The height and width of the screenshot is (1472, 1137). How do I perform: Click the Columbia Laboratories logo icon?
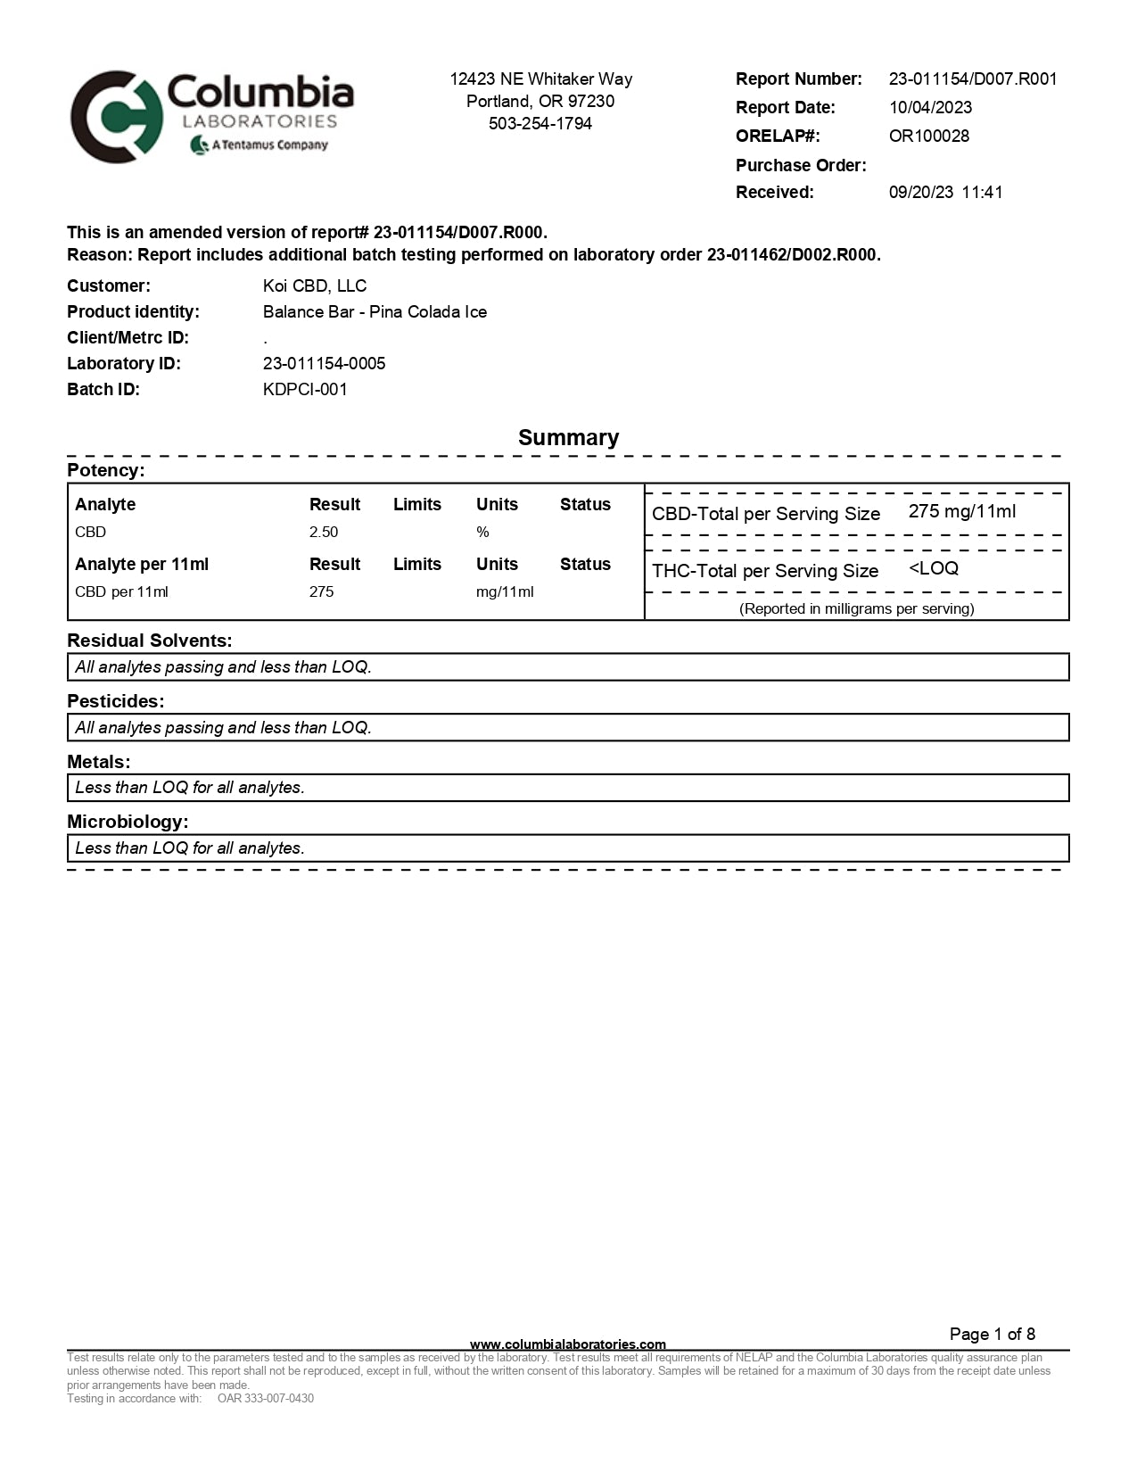point(117,117)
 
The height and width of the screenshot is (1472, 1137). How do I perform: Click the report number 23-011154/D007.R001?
point(973,79)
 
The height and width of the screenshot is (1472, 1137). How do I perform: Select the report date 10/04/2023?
point(930,107)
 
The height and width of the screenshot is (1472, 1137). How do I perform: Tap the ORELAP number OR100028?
point(928,136)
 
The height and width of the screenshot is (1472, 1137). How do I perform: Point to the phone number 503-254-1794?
point(540,123)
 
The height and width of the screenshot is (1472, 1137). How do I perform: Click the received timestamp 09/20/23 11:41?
point(945,192)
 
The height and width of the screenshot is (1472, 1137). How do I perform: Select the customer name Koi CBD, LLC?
point(315,285)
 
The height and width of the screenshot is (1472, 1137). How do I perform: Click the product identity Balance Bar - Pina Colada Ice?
point(375,311)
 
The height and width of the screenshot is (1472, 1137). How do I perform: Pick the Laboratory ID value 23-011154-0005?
point(324,363)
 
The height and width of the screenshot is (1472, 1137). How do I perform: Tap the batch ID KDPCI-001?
point(305,389)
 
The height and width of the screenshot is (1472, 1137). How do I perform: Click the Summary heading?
point(568,437)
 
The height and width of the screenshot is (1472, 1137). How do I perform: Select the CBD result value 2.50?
point(324,532)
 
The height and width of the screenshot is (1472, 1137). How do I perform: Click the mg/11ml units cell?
point(505,591)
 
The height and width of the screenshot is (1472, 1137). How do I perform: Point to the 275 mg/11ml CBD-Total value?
point(962,511)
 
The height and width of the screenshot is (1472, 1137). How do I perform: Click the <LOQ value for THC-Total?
point(934,568)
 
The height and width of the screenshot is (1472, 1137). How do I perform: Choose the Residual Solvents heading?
point(150,641)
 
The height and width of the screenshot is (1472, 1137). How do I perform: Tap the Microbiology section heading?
point(128,821)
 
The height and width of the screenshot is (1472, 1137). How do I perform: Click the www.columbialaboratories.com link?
point(568,1344)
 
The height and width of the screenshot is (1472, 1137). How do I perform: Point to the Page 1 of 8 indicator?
point(992,1334)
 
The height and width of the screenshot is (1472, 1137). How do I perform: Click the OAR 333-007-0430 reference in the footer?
point(266,1398)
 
